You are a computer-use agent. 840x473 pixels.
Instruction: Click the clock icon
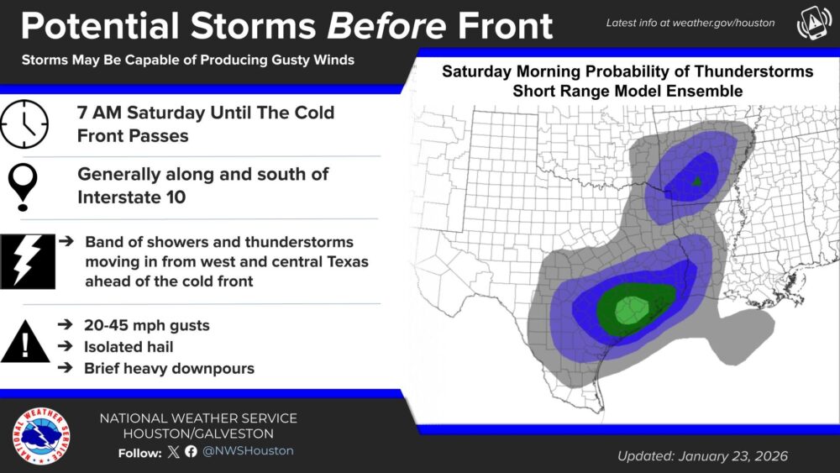pyautogui.click(x=24, y=125)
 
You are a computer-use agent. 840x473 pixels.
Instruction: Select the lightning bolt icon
pyautogui.click(x=29, y=261)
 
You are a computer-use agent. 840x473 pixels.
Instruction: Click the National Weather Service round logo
pyautogui.click(x=41, y=435)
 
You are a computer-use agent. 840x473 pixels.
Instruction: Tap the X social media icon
pyautogui.click(x=174, y=452)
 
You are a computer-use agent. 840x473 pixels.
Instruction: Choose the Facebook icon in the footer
pyautogui.click(x=192, y=452)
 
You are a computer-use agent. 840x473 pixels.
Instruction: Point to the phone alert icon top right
pyautogui.click(x=811, y=24)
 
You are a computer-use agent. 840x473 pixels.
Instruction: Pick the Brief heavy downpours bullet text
pyautogui.click(x=169, y=368)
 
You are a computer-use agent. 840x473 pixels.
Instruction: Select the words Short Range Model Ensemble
pyautogui.click(x=627, y=90)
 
